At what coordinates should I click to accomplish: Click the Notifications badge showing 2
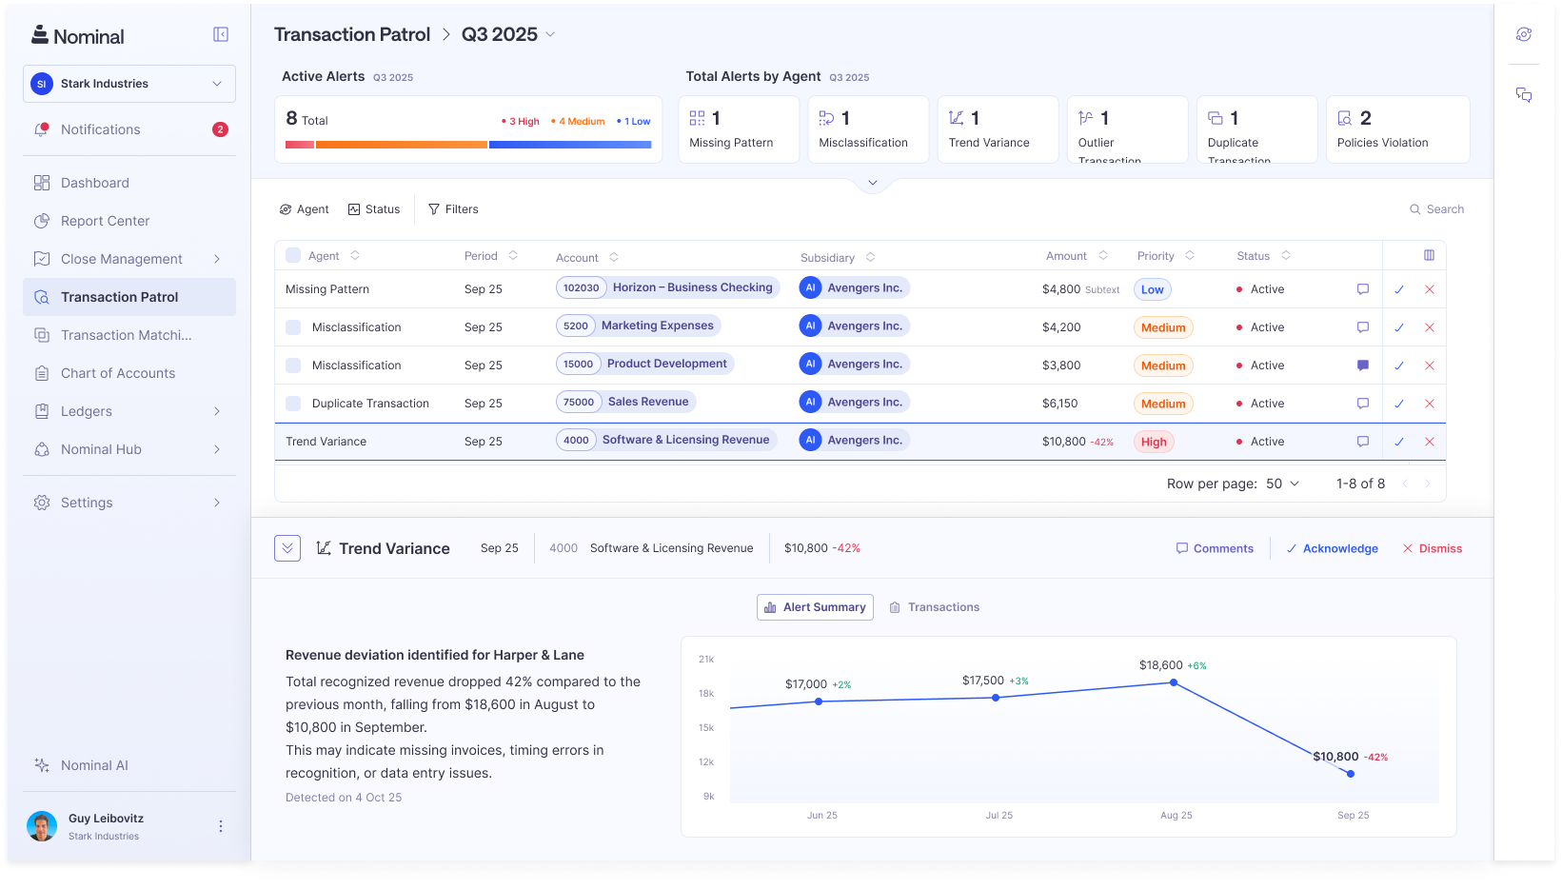pyautogui.click(x=220, y=129)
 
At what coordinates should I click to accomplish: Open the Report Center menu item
pyautogui.click(x=105, y=221)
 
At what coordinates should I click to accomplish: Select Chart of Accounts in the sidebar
pyautogui.click(x=117, y=373)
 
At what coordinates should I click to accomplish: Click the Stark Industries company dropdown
pyautogui.click(x=129, y=84)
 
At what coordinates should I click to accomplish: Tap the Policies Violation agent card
pyautogui.click(x=1397, y=129)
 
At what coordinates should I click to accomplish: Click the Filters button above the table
pyautogui.click(x=453, y=209)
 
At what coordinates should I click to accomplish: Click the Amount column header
pyautogui.click(x=1066, y=256)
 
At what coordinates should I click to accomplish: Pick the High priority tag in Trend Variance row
pyautogui.click(x=1154, y=442)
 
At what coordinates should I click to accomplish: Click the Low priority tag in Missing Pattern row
pyautogui.click(x=1152, y=289)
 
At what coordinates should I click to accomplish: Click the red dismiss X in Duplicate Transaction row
pyautogui.click(x=1429, y=404)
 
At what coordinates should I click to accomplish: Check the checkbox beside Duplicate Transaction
pyautogui.click(x=293, y=404)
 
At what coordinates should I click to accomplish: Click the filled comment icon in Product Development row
pyautogui.click(x=1363, y=365)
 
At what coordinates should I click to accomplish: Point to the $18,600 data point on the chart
pyautogui.click(x=1174, y=682)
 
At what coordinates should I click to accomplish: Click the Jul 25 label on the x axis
pyautogui.click(x=998, y=816)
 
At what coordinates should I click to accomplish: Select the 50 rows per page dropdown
pyautogui.click(x=1282, y=484)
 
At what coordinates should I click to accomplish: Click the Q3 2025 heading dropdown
pyautogui.click(x=508, y=34)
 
